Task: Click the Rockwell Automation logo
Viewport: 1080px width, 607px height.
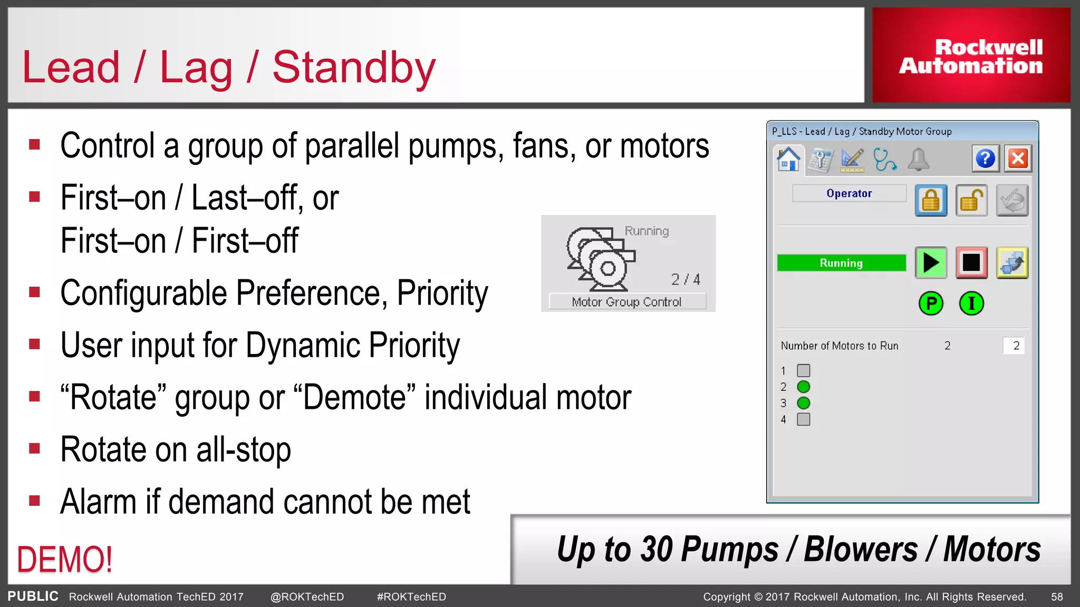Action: coord(971,56)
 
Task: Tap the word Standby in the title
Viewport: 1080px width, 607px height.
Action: coord(354,67)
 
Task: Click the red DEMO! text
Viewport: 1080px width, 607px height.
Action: coord(65,560)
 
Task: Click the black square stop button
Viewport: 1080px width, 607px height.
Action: coord(971,262)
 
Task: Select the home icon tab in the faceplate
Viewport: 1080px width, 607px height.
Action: coord(788,159)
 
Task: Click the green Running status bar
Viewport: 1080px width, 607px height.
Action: coord(841,263)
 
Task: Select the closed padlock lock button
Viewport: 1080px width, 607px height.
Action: coord(931,201)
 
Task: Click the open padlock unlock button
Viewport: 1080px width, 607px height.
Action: coord(971,201)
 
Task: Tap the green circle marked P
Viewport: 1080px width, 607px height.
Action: coord(931,303)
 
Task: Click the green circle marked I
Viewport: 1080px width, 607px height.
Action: coord(971,303)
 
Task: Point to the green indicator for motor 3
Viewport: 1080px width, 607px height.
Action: coord(803,403)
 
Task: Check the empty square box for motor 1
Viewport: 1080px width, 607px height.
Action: coord(803,370)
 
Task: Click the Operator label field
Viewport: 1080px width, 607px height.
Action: coord(849,193)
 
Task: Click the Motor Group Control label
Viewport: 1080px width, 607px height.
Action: coord(626,302)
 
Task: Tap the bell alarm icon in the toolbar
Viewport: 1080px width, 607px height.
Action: coord(918,160)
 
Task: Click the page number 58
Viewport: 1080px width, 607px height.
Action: coord(1057,597)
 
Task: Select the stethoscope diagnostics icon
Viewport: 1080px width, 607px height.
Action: coord(884,160)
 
